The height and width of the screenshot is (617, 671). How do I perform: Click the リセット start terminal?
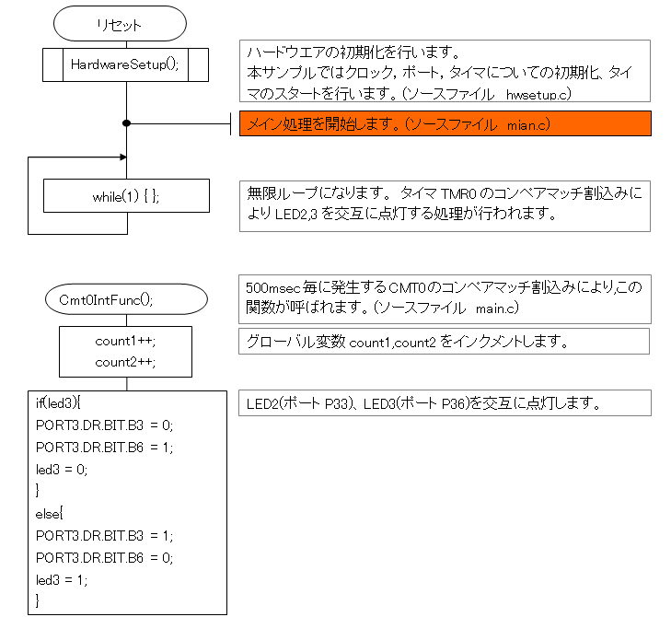[120, 24]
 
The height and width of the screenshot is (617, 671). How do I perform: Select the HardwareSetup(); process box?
[125, 64]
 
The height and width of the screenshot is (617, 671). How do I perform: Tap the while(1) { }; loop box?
[126, 196]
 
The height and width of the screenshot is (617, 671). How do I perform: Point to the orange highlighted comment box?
[445, 123]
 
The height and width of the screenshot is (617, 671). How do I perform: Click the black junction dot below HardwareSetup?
[126, 122]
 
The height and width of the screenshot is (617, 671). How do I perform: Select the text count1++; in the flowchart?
[126, 341]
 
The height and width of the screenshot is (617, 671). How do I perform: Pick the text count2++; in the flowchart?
[126, 362]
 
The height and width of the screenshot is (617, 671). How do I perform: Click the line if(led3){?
[59, 402]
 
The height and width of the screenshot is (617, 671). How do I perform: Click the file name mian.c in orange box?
[528, 123]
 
